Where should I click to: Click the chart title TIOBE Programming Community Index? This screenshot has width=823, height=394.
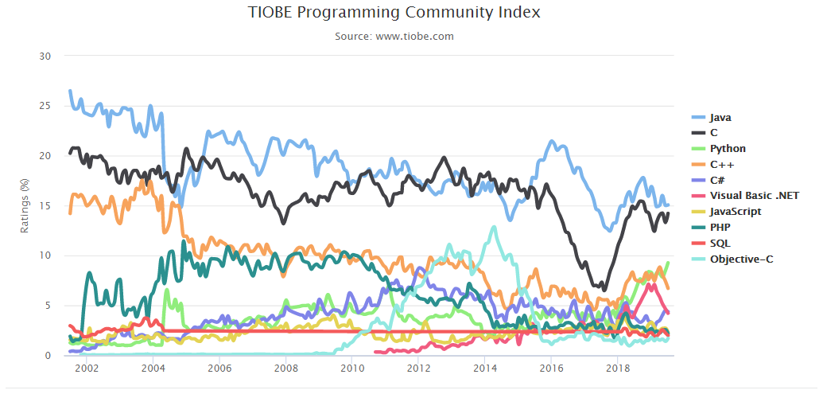(394, 13)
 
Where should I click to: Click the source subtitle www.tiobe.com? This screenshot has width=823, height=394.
(394, 36)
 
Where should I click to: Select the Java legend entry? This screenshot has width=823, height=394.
(720, 117)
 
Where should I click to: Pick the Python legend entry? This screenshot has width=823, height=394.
(727, 148)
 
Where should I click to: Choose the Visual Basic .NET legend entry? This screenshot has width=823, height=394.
(754, 195)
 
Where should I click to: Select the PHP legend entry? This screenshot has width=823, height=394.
(720, 227)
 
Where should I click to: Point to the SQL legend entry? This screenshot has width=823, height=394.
(720, 243)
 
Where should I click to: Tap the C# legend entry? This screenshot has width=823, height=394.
(717, 180)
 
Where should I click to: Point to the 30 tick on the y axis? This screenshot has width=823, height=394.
(45, 56)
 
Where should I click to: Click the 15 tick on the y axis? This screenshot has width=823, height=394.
(45, 205)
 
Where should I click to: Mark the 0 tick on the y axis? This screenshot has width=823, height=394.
(48, 355)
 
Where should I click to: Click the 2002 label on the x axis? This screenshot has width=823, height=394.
(87, 369)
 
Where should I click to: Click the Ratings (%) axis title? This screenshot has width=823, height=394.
(25, 206)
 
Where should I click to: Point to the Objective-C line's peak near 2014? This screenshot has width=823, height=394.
(495, 228)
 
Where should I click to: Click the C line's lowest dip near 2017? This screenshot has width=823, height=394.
(602, 289)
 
